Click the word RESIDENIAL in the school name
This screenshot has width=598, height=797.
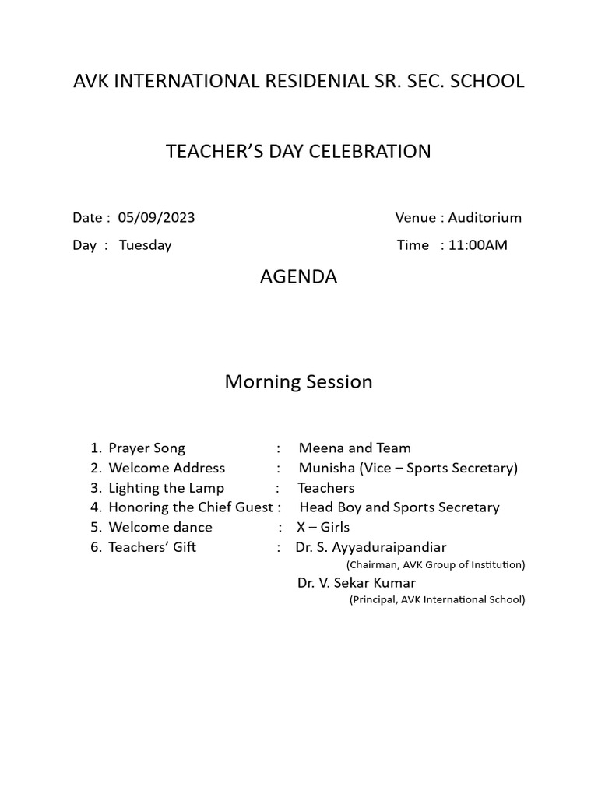(x=308, y=81)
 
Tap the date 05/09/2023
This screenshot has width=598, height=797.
(x=157, y=218)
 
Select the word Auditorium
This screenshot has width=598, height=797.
(x=484, y=218)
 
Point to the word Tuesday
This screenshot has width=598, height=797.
(x=145, y=245)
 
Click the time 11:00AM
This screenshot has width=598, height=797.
(x=477, y=245)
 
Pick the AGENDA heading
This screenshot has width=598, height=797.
(x=298, y=277)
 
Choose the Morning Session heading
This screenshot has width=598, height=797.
(x=298, y=382)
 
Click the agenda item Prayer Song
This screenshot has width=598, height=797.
(x=146, y=448)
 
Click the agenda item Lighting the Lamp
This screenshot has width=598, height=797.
(x=166, y=488)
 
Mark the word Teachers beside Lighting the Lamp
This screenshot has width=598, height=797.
(x=325, y=488)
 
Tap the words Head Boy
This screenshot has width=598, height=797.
(x=330, y=507)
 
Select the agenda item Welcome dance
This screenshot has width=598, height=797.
(x=160, y=528)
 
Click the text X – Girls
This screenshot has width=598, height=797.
(x=323, y=528)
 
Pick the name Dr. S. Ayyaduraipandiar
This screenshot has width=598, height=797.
(x=371, y=547)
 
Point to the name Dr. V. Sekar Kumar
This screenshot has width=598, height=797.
(x=357, y=583)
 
